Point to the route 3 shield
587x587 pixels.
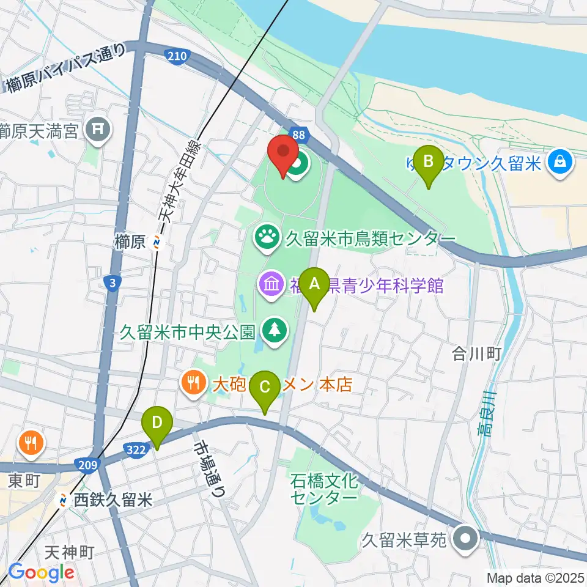(x=111, y=282)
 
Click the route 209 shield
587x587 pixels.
(x=87, y=466)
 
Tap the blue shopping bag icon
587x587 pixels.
(x=559, y=161)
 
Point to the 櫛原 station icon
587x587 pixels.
(x=157, y=243)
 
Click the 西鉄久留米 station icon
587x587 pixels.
(x=63, y=500)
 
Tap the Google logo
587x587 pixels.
(x=41, y=572)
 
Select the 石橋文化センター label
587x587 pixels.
(x=323, y=489)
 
